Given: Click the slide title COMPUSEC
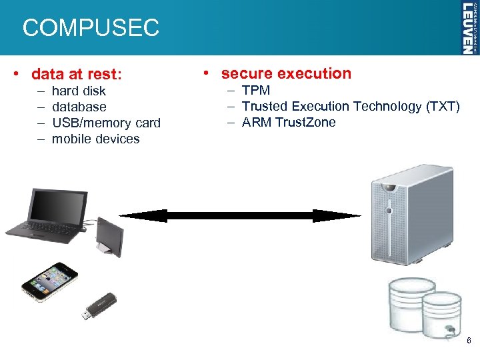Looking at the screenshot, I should click(x=91, y=28).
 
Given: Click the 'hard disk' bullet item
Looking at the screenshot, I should click(x=79, y=91).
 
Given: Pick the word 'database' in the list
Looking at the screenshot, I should click(x=79, y=107).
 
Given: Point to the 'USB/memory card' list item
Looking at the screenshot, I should click(x=106, y=123).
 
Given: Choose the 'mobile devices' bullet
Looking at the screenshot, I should click(x=95, y=139).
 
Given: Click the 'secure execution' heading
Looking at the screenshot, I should click(x=286, y=73).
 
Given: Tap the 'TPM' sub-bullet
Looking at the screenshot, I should click(x=256, y=90).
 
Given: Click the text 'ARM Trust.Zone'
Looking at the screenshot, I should click(x=289, y=122).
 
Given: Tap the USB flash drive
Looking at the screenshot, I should click(x=99, y=305).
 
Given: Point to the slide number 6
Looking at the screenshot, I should click(x=469, y=341).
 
